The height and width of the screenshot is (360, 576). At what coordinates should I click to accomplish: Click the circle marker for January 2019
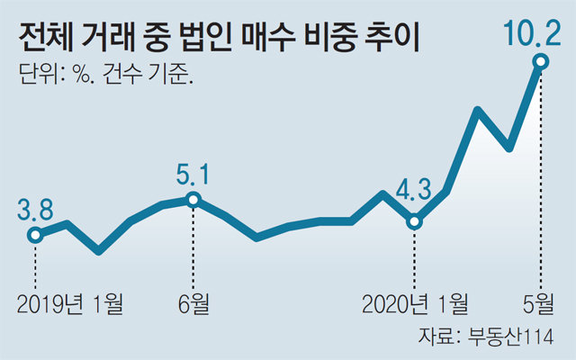point(35,236)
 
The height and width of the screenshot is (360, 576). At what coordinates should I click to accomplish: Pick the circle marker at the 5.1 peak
point(193,199)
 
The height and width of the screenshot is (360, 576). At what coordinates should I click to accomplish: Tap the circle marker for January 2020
point(414,221)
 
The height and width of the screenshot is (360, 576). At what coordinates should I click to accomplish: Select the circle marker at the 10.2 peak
point(541,61)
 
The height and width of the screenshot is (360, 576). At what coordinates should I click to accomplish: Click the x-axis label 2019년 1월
point(68,303)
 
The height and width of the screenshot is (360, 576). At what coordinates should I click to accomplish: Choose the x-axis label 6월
point(193,303)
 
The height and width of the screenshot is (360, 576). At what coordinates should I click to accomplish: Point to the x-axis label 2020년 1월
point(414,303)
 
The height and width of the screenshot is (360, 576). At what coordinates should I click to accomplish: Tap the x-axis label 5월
point(540,303)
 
